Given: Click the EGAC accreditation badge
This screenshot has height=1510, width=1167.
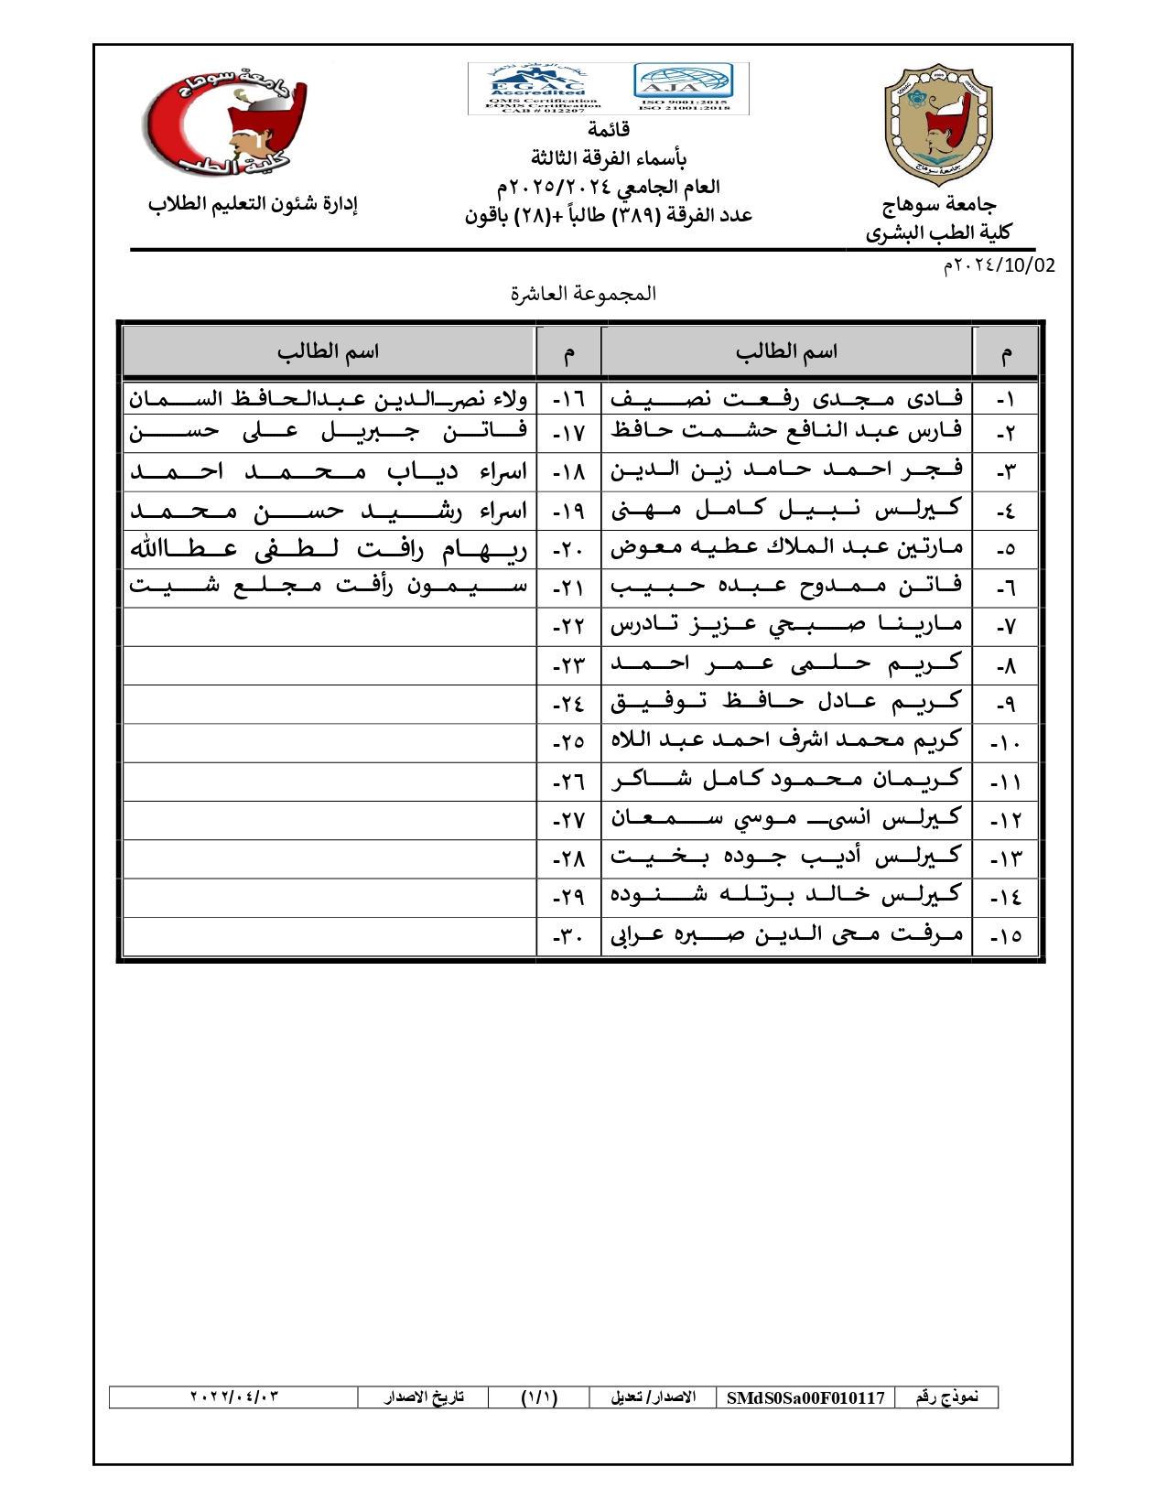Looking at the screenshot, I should (538, 89).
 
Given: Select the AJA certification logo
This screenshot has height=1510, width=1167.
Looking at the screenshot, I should (684, 83).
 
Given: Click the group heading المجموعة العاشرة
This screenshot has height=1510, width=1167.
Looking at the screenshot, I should (583, 294).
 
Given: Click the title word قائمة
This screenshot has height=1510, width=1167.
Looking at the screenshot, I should (608, 130).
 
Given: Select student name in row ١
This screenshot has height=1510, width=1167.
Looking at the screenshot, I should (786, 398).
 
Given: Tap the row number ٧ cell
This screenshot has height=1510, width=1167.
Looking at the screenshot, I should (1006, 627).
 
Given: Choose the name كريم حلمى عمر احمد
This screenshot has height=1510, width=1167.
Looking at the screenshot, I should (786, 664).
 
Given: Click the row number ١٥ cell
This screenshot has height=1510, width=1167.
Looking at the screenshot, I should (1006, 937).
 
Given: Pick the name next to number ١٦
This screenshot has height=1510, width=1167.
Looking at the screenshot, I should (329, 398).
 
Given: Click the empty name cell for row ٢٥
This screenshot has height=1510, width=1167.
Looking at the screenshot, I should (329, 742).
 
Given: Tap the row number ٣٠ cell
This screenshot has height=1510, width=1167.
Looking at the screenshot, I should (568, 937).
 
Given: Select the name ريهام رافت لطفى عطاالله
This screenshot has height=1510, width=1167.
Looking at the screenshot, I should (329, 549).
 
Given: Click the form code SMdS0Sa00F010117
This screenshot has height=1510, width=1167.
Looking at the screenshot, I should (805, 1397).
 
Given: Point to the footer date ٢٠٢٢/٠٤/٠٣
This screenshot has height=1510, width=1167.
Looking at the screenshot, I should (233, 1397).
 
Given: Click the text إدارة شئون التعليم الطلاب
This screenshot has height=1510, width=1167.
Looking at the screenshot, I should (253, 204).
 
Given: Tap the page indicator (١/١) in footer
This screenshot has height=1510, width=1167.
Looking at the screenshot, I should (539, 1397).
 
